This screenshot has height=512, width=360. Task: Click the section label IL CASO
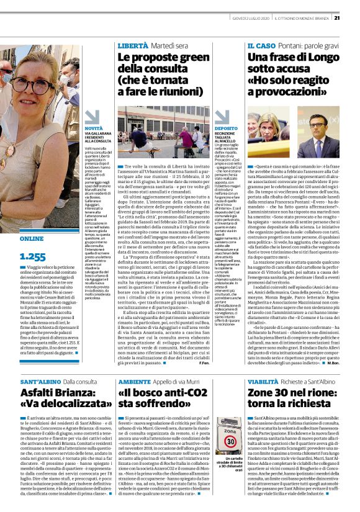tap(261, 45)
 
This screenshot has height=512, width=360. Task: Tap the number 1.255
tap(33, 256)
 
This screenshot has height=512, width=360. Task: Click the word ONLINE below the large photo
tap(32, 238)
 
